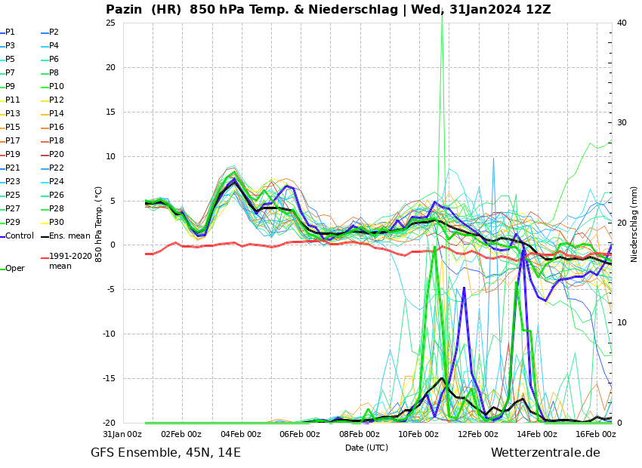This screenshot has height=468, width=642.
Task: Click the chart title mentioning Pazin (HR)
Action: coord(328,10)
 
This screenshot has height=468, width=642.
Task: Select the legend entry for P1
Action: coord(10,32)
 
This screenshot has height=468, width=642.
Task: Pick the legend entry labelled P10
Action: coord(57,87)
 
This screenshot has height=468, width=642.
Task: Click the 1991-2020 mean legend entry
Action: coord(70,261)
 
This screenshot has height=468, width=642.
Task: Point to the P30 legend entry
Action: coord(57,223)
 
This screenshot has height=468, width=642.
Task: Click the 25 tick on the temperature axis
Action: coord(110,23)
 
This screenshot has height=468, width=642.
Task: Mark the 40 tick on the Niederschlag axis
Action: coord(622,23)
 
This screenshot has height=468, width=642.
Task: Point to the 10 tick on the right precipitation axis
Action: coord(622,323)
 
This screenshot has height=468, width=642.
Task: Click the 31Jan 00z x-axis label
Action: coord(122,434)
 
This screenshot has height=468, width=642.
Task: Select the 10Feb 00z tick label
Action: coord(418,434)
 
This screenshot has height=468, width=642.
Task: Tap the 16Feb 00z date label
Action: coord(596,434)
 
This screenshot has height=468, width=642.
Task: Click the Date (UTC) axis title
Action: coord(366,448)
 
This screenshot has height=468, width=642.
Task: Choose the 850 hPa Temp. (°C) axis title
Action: coord(98,224)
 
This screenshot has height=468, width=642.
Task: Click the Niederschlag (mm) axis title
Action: coord(634,224)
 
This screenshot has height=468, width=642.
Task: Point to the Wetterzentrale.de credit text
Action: coord(545,453)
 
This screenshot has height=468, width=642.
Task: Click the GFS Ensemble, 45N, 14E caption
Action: coord(165,453)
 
